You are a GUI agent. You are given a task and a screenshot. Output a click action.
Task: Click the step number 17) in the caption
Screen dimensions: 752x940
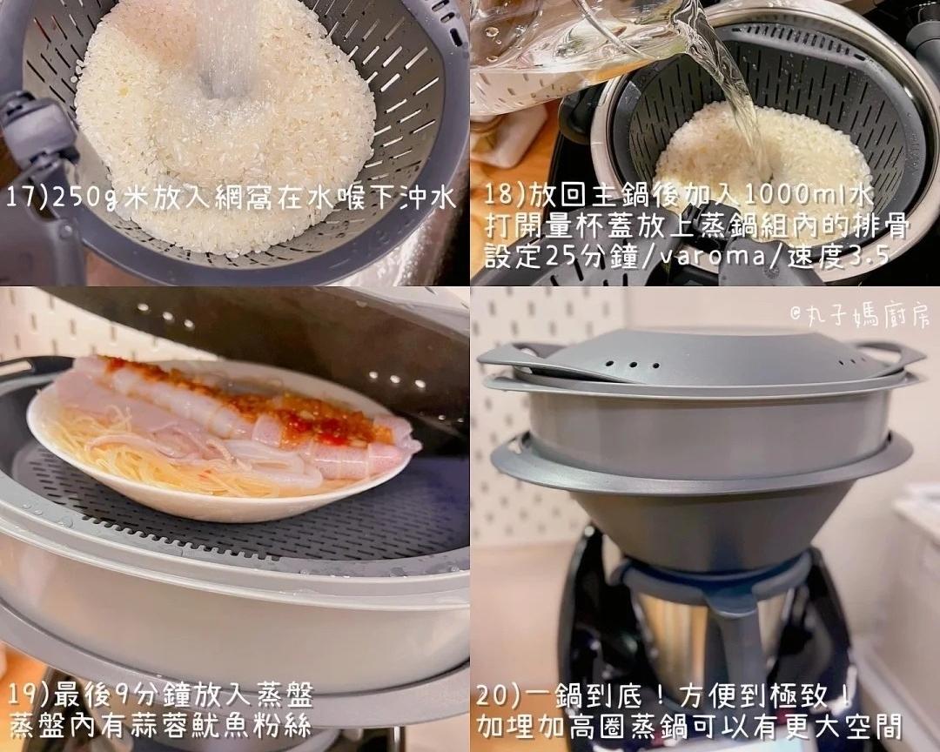(27, 198)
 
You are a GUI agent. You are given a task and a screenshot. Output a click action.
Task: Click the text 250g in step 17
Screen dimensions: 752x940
(85, 198)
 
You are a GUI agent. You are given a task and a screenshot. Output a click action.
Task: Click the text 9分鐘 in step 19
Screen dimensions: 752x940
(147, 695)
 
